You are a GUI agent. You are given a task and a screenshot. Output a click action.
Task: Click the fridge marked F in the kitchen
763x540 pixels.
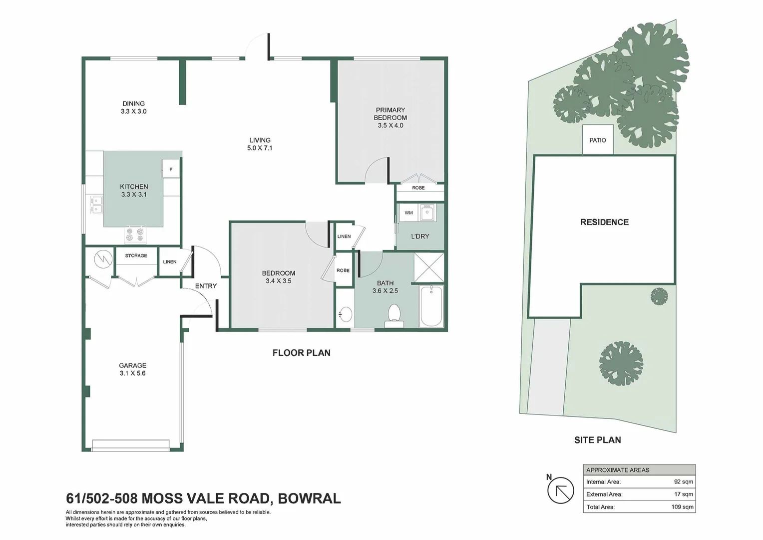tap(170, 169)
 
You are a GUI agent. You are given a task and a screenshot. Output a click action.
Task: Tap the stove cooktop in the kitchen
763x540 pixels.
tap(135, 234)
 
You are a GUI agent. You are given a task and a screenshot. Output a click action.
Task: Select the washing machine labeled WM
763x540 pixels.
tap(408, 212)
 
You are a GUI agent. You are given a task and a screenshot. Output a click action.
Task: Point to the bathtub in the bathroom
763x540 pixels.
tap(431, 306)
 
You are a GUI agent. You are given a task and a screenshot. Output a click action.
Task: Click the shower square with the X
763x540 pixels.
tap(428, 267)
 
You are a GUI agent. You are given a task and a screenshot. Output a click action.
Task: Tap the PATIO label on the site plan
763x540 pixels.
tap(597, 140)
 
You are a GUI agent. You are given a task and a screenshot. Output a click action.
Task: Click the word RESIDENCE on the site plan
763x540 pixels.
tap(604, 222)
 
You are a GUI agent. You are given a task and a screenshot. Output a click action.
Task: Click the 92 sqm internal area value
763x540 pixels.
tap(683, 482)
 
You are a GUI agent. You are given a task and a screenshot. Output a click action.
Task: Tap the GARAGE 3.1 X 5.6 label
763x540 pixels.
tap(132, 369)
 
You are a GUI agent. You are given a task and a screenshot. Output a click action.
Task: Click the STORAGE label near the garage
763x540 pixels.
tap(136, 255)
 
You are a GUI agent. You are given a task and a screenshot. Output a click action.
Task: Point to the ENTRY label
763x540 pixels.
tap(206, 286)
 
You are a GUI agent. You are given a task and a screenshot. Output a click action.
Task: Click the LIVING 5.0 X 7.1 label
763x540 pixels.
tap(260, 144)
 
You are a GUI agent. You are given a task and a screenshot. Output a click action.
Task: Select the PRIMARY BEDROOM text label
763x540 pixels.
tap(390, 114)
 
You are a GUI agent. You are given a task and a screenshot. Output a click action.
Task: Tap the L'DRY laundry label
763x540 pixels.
tap(419, 236)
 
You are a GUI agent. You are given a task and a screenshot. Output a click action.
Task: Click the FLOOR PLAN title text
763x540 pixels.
tap(301, 353)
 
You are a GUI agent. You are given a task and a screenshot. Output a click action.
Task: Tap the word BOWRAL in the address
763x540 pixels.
tap(309, 498)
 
